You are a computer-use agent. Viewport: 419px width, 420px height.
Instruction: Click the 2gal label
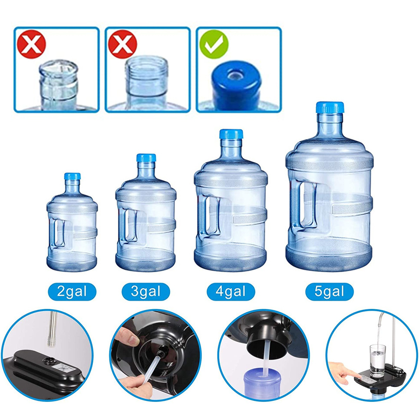(x=72, y=292)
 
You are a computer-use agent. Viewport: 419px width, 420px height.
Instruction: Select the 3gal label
(x=146, y=292)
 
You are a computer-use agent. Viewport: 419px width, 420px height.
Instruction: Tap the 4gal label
(x=231, y=292)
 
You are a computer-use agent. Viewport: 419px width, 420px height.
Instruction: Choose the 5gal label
(x=330, y=292)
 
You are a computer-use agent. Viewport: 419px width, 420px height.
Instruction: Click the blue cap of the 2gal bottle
(x=72, y=176)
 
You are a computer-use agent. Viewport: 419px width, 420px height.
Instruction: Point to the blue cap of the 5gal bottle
(x=330, y=107)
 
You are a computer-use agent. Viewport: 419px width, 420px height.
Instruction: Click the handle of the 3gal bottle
(x=130, y=225)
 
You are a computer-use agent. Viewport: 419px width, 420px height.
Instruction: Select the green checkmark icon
(x=214, y=44)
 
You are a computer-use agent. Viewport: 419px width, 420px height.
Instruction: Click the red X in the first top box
(x=32, y=44)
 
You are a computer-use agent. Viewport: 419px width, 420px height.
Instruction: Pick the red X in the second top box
(x=122, y=44)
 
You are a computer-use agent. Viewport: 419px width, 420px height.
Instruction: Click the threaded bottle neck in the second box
(x=147, y=77)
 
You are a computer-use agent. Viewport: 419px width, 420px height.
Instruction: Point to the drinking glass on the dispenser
(x=377, y=360)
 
